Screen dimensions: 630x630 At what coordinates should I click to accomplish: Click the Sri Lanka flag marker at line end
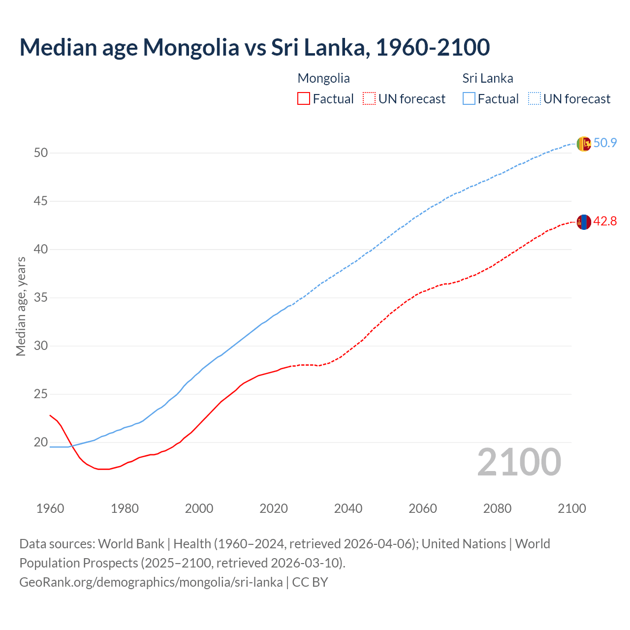tap(583, 144)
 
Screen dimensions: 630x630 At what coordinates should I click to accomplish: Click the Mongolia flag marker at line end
tap(583, 222)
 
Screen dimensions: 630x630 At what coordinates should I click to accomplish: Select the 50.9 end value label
tap(605, 143)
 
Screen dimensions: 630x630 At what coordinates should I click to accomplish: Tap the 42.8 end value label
tap(605, 221)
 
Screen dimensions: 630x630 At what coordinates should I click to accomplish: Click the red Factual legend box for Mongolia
tap(304, 99)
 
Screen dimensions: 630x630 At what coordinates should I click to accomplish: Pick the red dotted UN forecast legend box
tap(369, 99)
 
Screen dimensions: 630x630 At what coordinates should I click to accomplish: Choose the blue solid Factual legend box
tap(469, 99)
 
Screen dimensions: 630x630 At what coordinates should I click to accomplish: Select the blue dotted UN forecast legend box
tap(534, 99)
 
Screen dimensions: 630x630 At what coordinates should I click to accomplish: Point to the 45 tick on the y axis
tap(41, 201)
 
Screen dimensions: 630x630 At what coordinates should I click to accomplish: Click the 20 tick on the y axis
tap(41, 442)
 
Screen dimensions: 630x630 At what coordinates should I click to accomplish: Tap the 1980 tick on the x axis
tap(125, 508)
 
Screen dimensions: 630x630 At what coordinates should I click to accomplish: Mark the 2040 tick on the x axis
tap(348, 508)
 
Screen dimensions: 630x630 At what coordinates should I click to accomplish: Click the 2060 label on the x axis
tap(423, 508)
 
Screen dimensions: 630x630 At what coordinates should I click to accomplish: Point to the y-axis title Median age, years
tap(21, 306)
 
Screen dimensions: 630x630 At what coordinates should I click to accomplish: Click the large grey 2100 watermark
tap(519, 462)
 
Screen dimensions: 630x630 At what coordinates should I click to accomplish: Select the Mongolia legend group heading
tap(323, 78)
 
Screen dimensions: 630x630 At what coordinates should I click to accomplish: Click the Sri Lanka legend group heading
tap(488, 78)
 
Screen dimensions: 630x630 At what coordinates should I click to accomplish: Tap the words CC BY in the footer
tap(310, 582)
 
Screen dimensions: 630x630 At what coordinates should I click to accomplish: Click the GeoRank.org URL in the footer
tap(151, 582)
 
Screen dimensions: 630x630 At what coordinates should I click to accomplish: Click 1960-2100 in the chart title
tap(433, 47)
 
